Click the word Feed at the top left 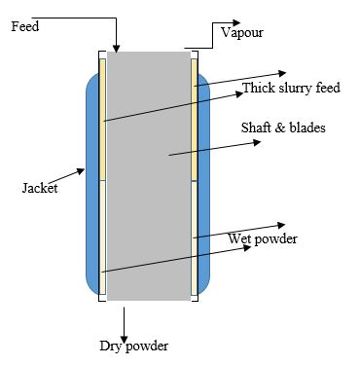coord(25,26)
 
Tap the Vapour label coord(241,32)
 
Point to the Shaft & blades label coord(283,128)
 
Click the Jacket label coord(39,188)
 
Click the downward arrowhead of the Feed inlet coord(116,47)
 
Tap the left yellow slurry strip coord(101,117)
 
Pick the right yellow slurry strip coord(195,117)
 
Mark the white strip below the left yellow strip coord(101,238)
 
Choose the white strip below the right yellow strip coord(195,238)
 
